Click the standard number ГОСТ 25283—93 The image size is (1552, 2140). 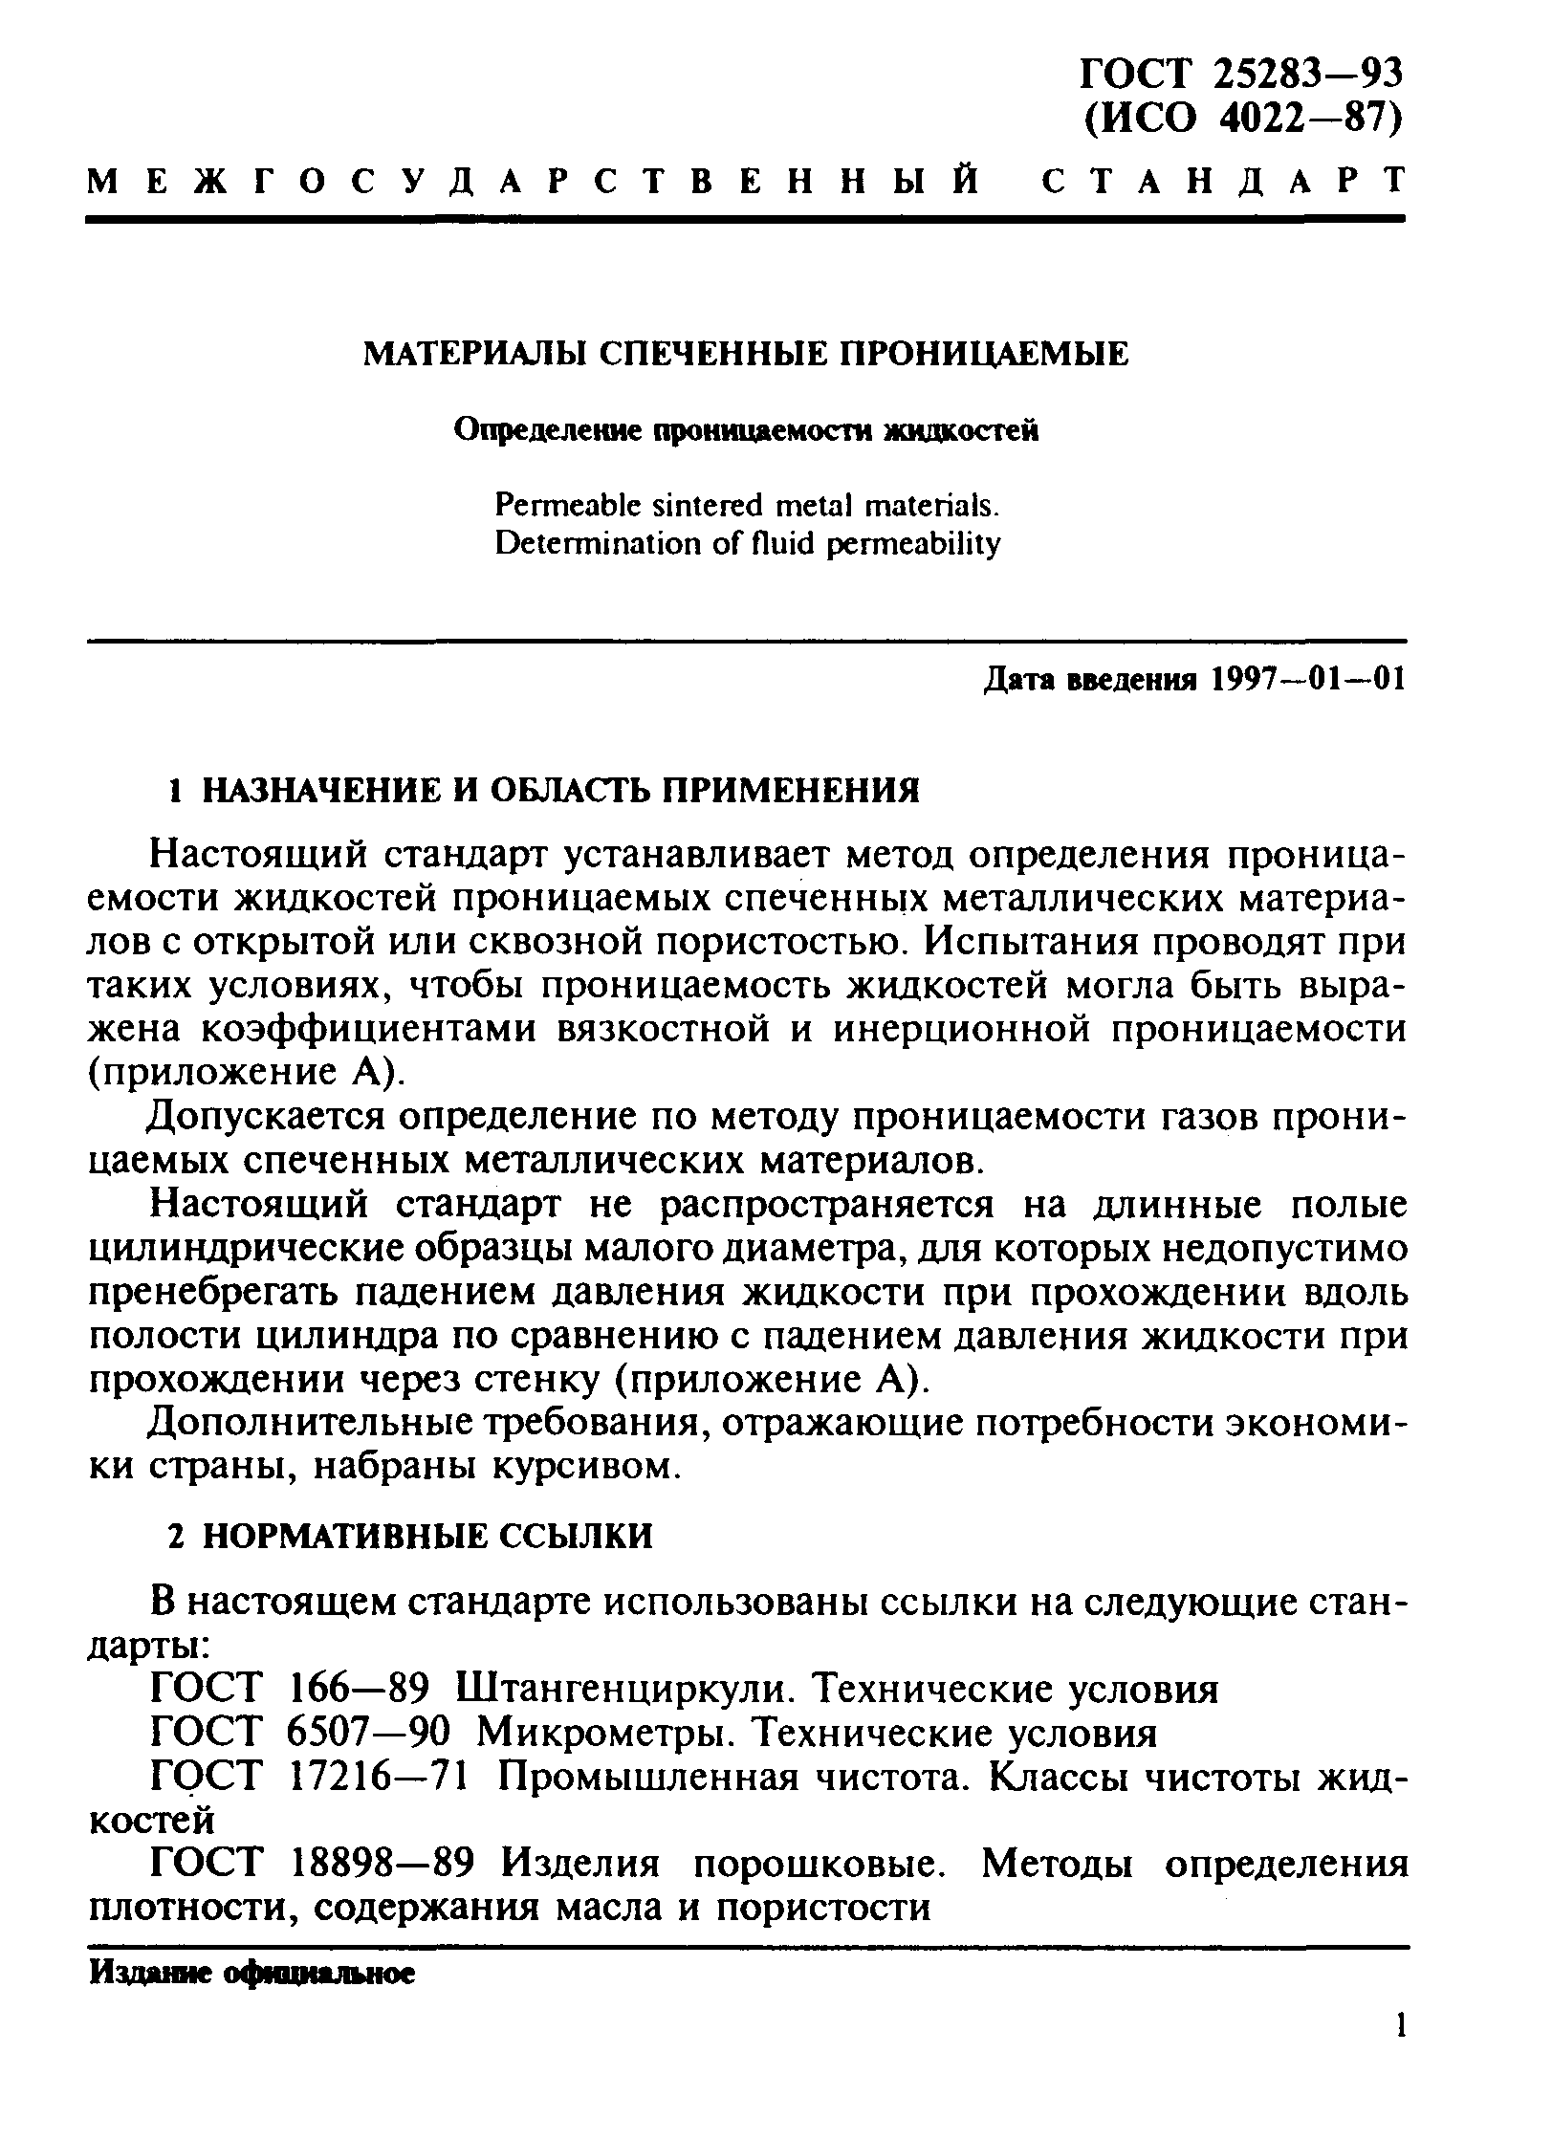click(x=1242, y=74)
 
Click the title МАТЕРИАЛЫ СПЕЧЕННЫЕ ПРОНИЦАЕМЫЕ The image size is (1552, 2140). click(x=747, y=355)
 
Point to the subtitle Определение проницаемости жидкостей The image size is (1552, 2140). click(x=746, y=431)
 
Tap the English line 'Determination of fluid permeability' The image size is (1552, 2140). click(x=749, y=544)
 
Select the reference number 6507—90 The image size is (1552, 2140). click(x=368, y=1733)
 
